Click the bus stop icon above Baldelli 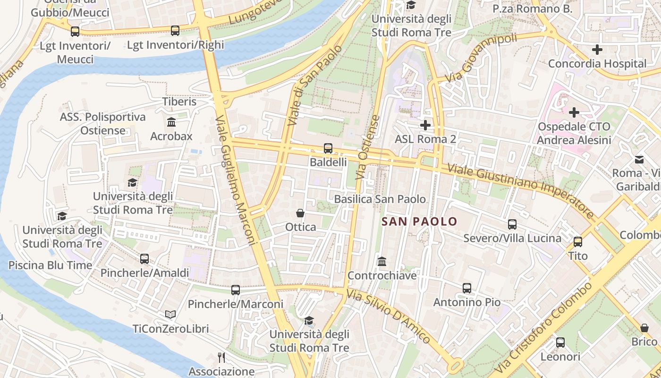[328, 148]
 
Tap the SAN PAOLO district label [419, 221]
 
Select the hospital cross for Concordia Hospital [597, 49]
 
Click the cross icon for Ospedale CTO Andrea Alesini [574, 112]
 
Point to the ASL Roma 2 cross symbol [425, 125]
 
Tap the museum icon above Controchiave [382, 261]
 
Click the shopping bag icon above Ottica [300, 213]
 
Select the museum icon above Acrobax [171, 122]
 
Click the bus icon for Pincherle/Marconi [235, 290]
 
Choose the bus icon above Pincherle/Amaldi [144, 259]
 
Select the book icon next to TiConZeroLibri [170, 314]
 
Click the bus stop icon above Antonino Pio [466, 288]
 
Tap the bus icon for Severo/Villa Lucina [512, 224]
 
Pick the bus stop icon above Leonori [560, 343]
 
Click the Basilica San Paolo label [380, 199]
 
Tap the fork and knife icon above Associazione [221, 358]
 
